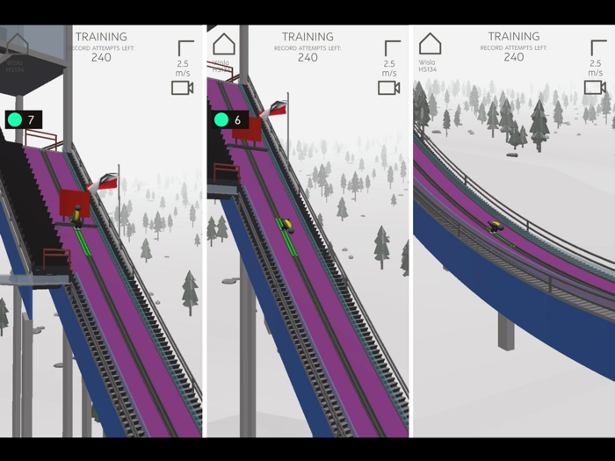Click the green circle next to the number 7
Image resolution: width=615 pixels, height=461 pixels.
[15, 119]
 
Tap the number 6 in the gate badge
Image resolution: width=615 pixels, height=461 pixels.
[238, 119]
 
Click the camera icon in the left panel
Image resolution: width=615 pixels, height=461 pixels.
[182, 88]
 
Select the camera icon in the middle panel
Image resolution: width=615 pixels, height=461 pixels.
[388, 88]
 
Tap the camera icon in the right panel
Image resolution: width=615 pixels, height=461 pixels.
[595, 88]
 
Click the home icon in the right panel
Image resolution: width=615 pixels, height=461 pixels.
[430, 44]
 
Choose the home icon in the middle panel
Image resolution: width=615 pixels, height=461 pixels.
[224, 44]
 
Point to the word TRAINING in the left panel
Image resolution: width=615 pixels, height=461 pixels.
[101, 37]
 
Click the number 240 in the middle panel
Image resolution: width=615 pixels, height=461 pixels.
[307, 57]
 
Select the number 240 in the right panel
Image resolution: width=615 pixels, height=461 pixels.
[514, 57]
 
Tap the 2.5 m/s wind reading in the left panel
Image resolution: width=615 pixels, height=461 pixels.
[183, 68]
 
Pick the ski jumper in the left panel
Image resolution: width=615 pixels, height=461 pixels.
[78, 215]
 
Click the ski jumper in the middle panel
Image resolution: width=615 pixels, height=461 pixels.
[286, 225]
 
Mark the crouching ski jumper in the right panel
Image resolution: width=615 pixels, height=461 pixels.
[496, 227]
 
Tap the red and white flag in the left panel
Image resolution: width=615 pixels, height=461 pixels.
[107, 182]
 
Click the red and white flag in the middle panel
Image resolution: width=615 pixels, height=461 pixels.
[277, 109]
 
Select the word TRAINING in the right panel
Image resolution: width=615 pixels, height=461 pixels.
[514, 37]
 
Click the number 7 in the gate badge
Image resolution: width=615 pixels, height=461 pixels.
[32, 119]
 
